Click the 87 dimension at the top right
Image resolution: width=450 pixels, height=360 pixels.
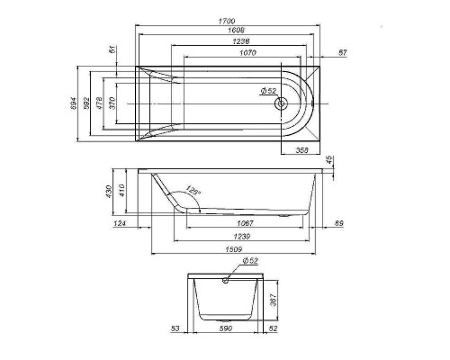click(343, 53)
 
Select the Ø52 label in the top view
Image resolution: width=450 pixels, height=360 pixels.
click(267, 91)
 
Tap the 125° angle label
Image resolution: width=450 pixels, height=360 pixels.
click(192, 191)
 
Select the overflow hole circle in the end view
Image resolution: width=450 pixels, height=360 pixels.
click(225, 280)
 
